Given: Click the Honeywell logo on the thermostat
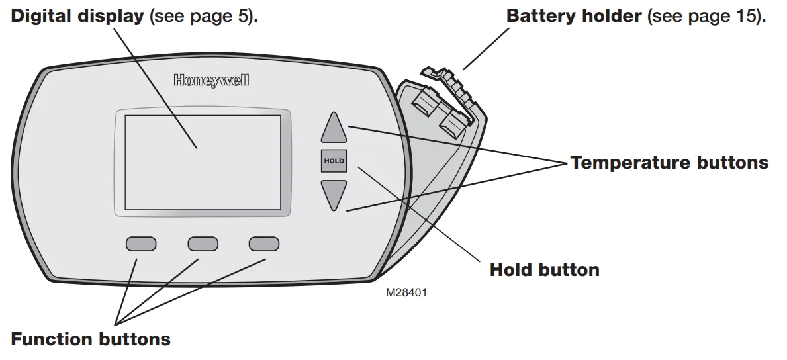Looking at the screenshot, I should (211, 81).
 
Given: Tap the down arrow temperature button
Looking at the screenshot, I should (334, 194).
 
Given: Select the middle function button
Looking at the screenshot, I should (203, 244).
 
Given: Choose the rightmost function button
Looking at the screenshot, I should (264, 244).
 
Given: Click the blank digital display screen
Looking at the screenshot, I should (203, 163).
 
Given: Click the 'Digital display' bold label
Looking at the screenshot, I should (77, 16).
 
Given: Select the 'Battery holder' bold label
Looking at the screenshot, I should (574, 16).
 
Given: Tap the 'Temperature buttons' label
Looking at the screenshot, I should (669, 163).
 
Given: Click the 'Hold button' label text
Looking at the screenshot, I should (544, 270).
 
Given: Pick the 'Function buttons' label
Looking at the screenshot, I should (91, 339).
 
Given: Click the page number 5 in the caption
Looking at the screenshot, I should (244, 16).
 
